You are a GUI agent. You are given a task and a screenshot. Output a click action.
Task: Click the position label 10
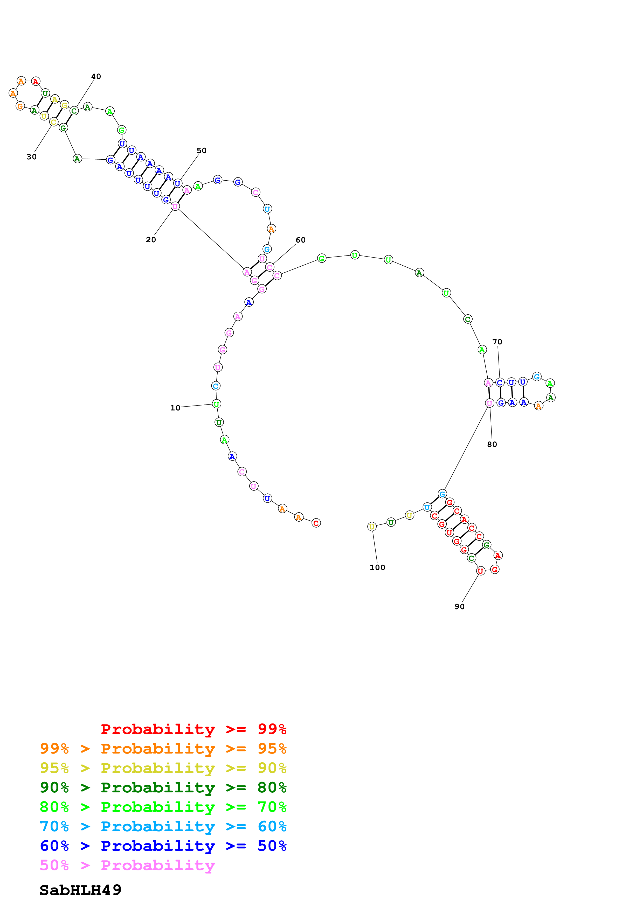(x=175, y=408)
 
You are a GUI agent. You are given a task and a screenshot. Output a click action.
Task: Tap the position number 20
(x=150, y=239)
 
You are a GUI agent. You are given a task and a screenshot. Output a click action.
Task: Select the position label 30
(x=31, y=157)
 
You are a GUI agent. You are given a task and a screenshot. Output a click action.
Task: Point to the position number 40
(x=96, y=76)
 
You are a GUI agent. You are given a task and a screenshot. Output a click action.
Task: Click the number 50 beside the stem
(x=201, y=151)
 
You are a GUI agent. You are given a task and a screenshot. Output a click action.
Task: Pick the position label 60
(x=300, y=240)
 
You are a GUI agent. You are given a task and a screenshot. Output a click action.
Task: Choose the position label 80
(x=492, y=444)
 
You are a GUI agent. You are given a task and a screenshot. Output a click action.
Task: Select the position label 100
(x=377, y=567)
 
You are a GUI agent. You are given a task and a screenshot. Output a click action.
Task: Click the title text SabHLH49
(x=80, y=890)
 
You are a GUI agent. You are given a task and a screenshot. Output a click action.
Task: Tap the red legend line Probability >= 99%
(x=193, y=729)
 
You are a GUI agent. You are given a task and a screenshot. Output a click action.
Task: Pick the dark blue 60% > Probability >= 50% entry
(x=163, y=846)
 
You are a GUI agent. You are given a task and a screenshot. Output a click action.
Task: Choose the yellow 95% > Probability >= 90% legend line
(x=163, y=768)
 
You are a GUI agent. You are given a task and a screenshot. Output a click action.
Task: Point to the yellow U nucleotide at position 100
(x=372, y=527)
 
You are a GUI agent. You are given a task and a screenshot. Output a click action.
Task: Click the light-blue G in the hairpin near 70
(x=536, y=377)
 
